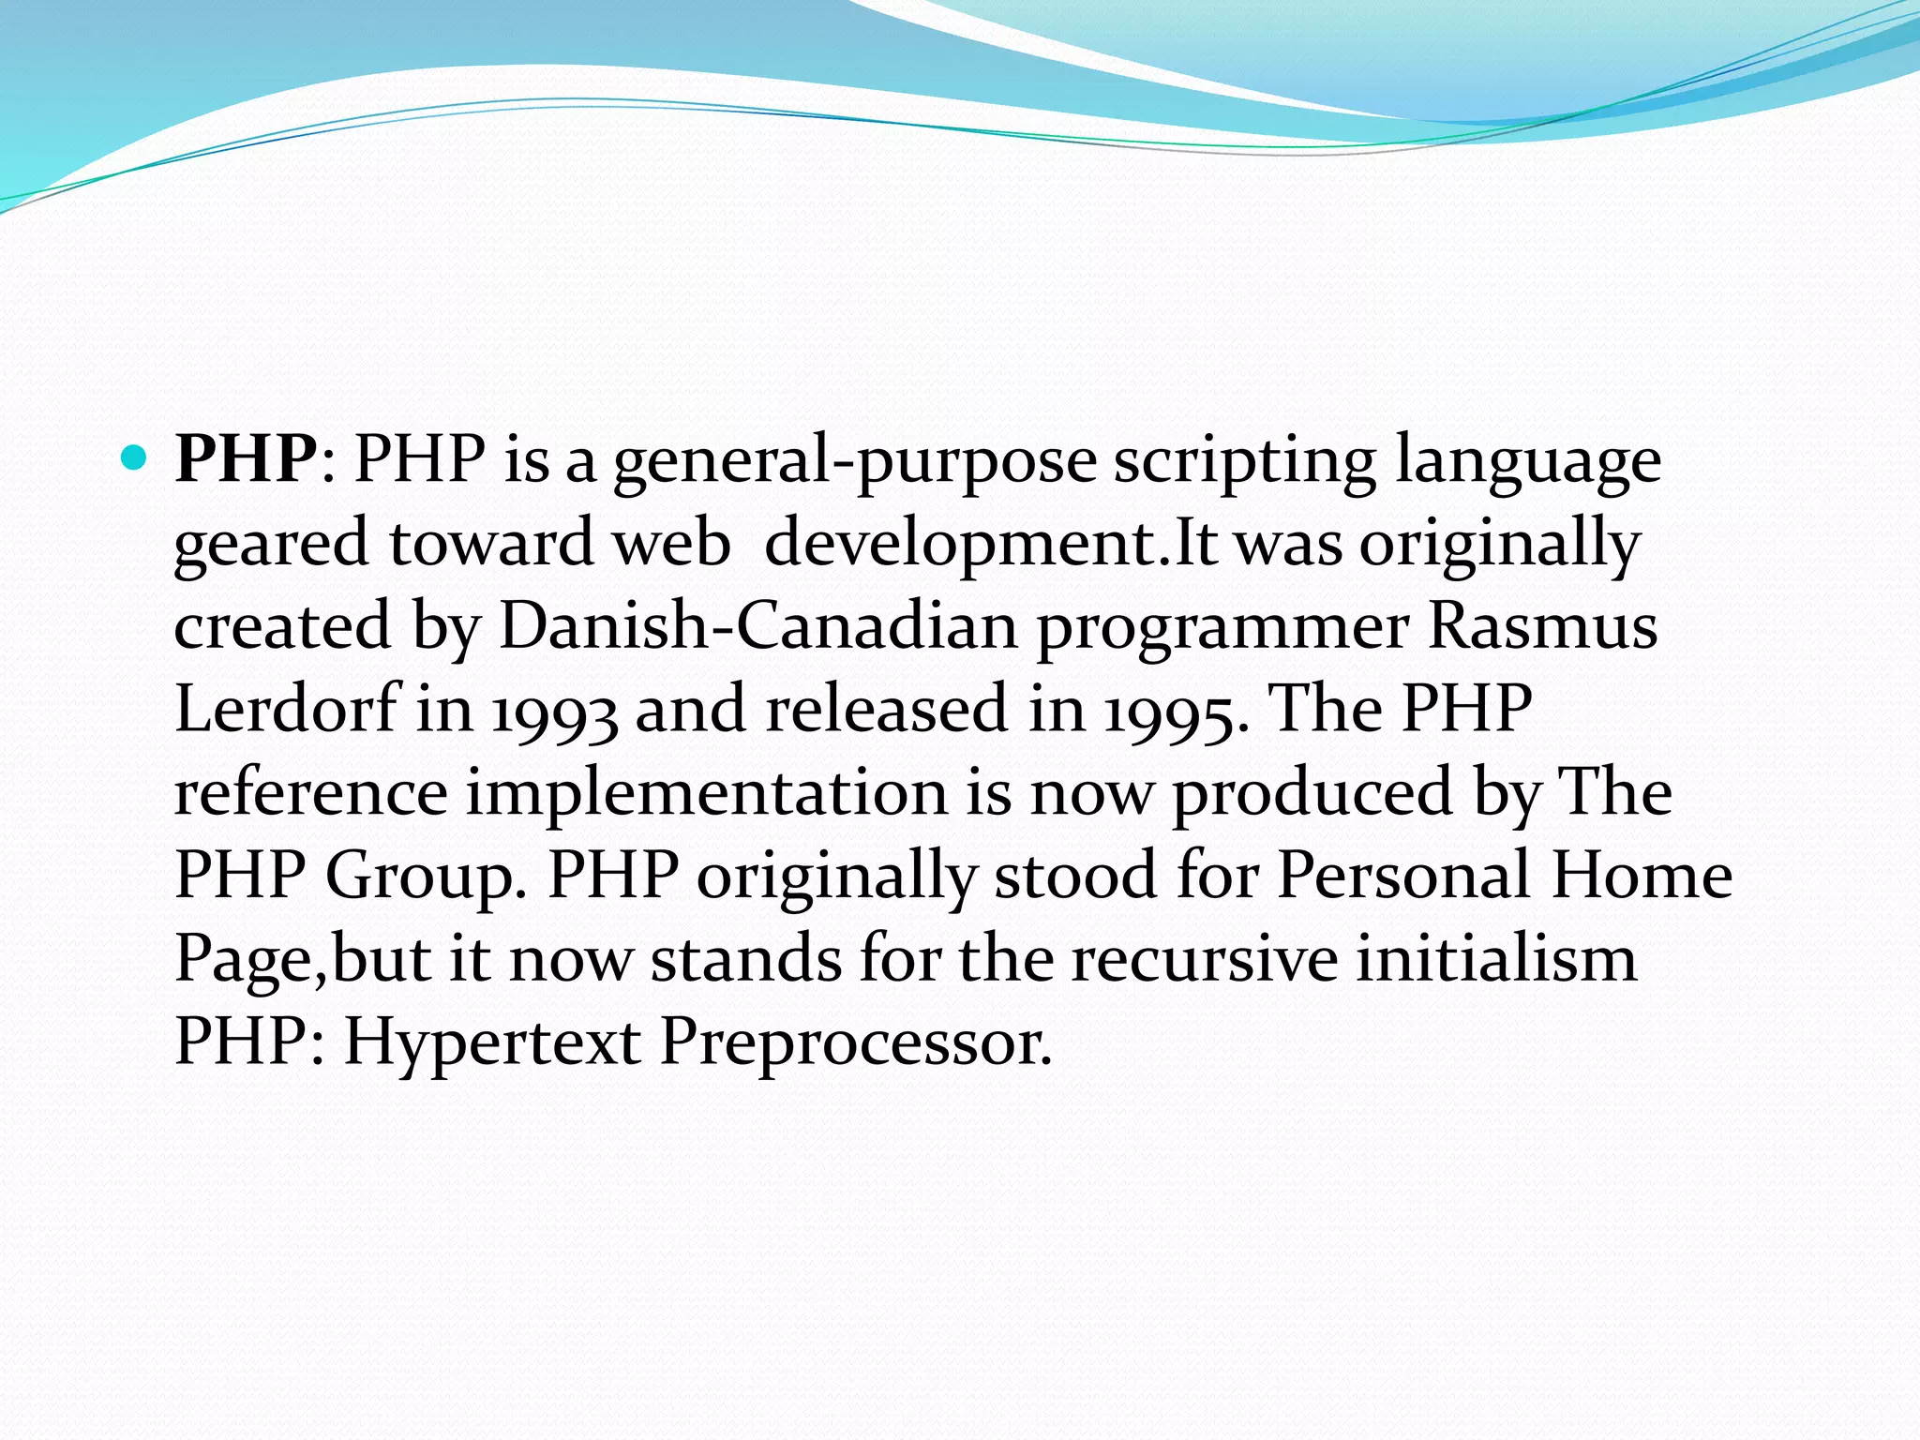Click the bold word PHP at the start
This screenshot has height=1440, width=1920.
[x=247, y=459]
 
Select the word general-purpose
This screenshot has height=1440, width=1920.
[x=854, y=461]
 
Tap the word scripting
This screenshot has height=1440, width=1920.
[x=1244, y=461]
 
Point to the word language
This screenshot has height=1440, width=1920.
[x=1527, y=461]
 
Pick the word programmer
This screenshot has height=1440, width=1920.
[x=1222, y=628]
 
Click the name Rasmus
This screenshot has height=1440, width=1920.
[x=1542, y=626]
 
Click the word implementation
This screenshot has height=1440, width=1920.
[x=707, y=793]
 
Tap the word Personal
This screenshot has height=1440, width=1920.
[x=1403, y=876]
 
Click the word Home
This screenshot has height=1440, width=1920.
[x=1641, y=876]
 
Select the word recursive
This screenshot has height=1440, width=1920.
[x=1204, y=959]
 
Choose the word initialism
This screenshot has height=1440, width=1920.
[x=1496, y=959]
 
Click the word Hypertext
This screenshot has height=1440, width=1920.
[x=492, y=1042]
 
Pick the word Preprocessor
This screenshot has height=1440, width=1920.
[x=856, y=1042]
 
